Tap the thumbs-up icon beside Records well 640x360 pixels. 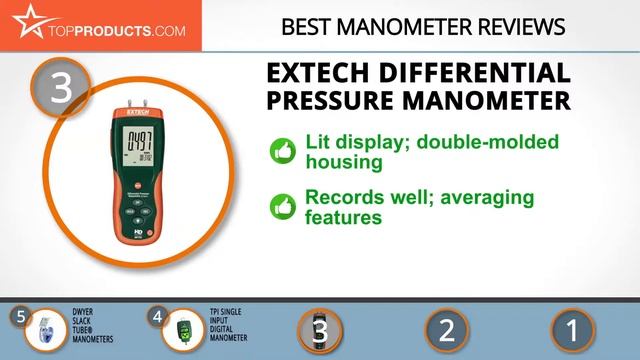[x=281, y=207]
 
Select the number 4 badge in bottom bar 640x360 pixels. [x=156, y=316]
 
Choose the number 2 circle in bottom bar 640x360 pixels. [x=447, y=329]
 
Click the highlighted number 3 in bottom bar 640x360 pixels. [x=320, y=329]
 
